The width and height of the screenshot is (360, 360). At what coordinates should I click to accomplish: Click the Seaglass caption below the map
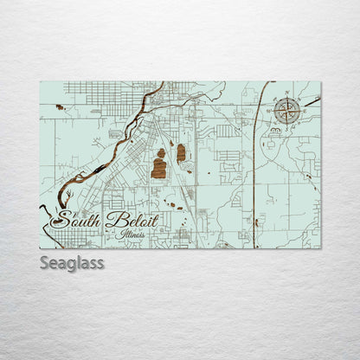tap(72, 263)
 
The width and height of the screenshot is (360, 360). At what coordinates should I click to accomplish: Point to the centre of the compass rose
tap(288, 110)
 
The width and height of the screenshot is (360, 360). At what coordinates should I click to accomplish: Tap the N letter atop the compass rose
tap(288, 93)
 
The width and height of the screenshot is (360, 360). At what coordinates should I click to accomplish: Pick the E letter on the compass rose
tap(305, 110)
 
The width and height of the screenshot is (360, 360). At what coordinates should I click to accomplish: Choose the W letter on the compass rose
tap(271, 110)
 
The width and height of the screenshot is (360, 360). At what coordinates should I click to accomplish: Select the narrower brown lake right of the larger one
tap(181, 153)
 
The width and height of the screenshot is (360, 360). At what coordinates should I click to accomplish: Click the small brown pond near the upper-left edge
tap(57, 108)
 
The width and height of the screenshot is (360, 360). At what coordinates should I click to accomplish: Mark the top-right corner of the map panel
tap(320, 82)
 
